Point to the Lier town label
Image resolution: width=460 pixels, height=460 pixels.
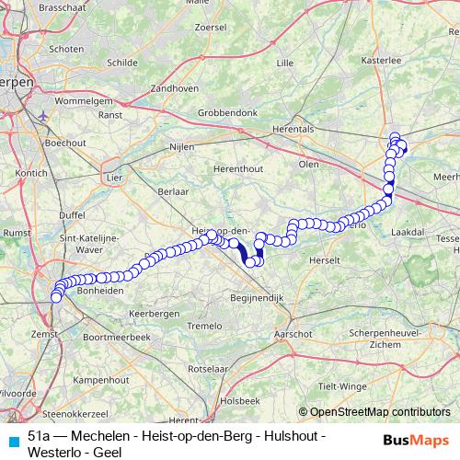(x=115, y=175)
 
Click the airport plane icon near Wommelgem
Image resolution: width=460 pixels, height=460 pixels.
(x=44, y=116)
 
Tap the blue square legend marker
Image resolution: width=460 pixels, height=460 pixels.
(x=11, y=440)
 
